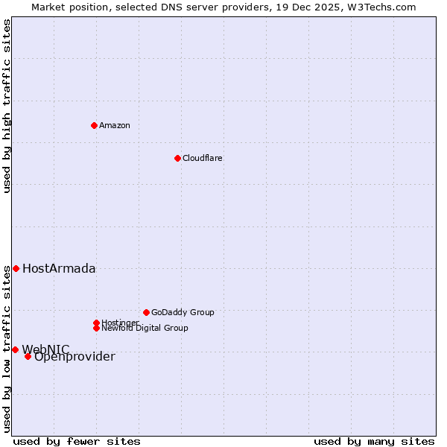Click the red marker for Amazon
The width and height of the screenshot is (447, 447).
point(94,125)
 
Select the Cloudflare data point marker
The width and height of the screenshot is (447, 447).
point(177,158)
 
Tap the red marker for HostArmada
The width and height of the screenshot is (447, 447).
point(16,268)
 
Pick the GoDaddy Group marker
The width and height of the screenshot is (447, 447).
point(146,312)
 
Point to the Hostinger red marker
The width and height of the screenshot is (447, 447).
point(96,323)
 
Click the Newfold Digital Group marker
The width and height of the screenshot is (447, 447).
point(96,328)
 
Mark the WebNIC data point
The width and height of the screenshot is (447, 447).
point(15,349)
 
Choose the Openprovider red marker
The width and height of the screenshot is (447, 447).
point(28,356)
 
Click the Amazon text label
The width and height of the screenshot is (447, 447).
point(115,125)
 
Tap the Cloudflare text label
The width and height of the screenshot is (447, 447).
point(203,158)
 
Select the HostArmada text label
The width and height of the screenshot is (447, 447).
point(59,269)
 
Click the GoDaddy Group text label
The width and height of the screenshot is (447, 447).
point(183,312)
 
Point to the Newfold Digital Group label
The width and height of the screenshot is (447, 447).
point(145,328)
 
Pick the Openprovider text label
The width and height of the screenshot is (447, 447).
point(74,357)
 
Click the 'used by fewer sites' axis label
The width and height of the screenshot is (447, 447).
point(77,442)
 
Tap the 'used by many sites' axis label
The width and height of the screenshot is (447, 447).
point(374,442)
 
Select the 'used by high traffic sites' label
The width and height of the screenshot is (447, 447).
point(7,106)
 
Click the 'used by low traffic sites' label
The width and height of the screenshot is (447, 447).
point(7,349)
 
